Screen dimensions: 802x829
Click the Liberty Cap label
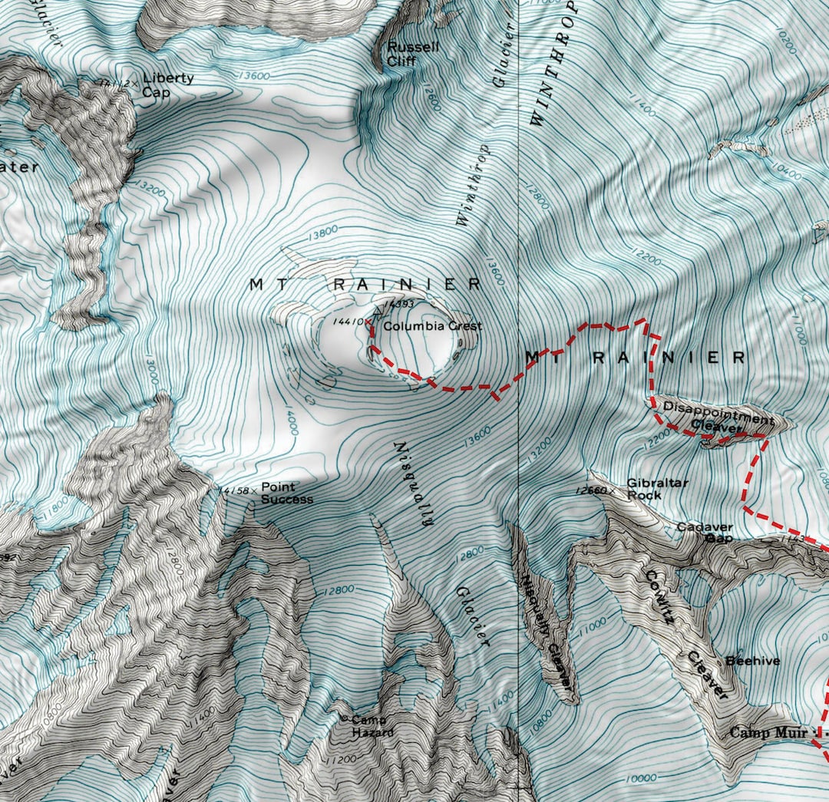pos(167,85)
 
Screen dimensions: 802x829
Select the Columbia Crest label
pos(432,326)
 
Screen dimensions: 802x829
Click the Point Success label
pos(286,493)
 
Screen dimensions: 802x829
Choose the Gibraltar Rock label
pos(657,489)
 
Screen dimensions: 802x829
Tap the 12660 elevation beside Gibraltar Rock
pos(592,490)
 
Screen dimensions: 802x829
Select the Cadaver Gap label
pos(705,533)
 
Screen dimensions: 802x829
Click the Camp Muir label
pos(768,732)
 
